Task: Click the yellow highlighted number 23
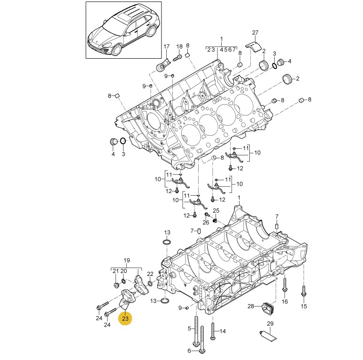125,319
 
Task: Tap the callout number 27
255,32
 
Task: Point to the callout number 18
179,46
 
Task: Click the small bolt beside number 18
178,59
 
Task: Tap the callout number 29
270,323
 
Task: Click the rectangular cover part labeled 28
267,307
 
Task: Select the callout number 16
285,301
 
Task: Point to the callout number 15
303,306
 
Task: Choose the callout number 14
222,331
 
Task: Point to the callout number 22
150,274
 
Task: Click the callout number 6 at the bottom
190,351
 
